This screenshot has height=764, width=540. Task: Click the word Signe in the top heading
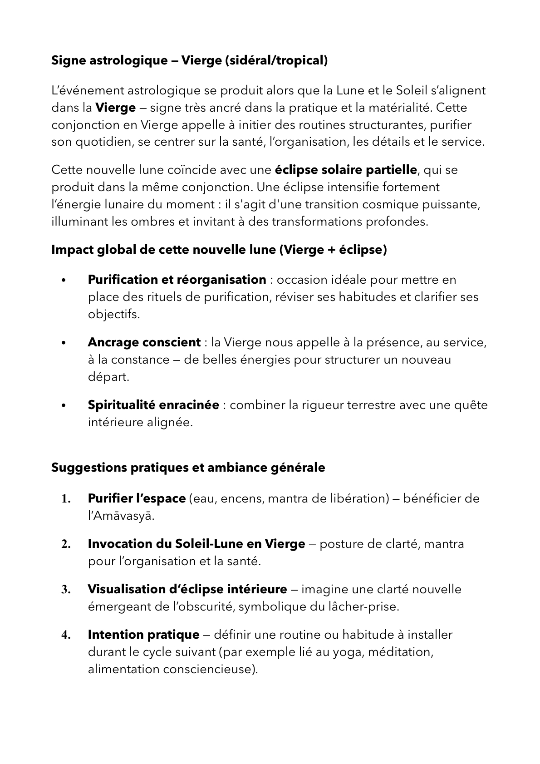67,60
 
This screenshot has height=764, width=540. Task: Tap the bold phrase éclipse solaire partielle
346,170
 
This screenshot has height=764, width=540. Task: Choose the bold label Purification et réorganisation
177,280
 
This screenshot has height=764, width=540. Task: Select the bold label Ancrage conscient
144,342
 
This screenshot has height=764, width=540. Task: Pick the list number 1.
66,499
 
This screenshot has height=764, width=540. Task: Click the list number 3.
66,590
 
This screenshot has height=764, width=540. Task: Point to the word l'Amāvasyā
121,516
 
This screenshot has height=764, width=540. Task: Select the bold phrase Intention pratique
143,635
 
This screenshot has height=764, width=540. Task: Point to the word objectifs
114,314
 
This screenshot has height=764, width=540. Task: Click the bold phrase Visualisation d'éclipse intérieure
187,590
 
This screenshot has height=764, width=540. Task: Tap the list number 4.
66,635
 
